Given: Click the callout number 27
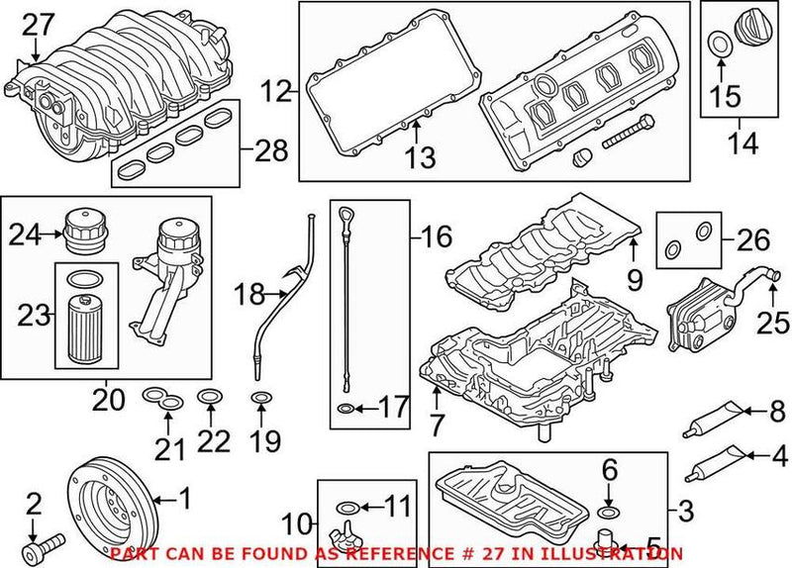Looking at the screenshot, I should (42, 23).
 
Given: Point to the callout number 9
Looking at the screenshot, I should (636, 281).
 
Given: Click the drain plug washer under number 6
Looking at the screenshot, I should (609, 513).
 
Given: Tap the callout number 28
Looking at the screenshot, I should (268, 151).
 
